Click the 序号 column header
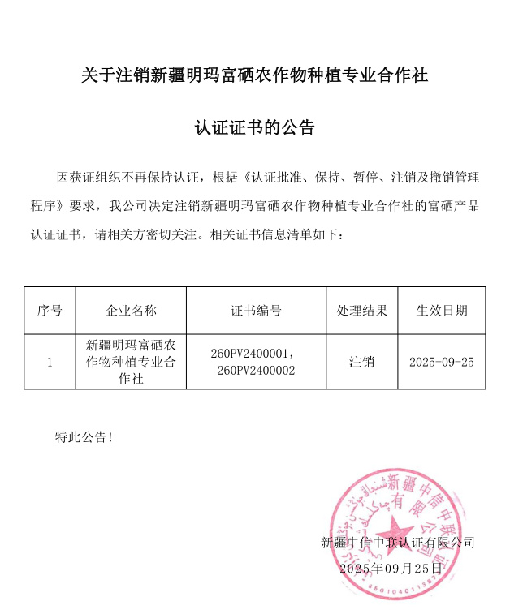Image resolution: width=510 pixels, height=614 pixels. coord(50,311)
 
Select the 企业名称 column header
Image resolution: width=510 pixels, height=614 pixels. coord(131,311)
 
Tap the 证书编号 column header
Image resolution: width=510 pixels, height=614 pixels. coord(256,311)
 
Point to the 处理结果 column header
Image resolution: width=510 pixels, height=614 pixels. coord(361,311)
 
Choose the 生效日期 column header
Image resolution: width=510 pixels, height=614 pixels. coord(441,311)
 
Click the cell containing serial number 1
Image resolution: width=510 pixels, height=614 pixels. coord(50,362)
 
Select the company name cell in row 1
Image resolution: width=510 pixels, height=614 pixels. coord(131,362)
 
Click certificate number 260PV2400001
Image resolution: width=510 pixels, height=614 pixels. coord(250,354)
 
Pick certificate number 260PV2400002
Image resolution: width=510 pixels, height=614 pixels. coord(256,370)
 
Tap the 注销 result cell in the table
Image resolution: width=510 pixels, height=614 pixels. coord(361,362)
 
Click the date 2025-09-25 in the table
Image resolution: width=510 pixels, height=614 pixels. coord(441,362)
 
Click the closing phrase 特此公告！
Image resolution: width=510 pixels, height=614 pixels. coord(84,437)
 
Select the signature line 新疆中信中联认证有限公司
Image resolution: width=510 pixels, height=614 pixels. coord(397,543)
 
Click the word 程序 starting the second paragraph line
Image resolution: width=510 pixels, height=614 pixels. coord(44,205)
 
